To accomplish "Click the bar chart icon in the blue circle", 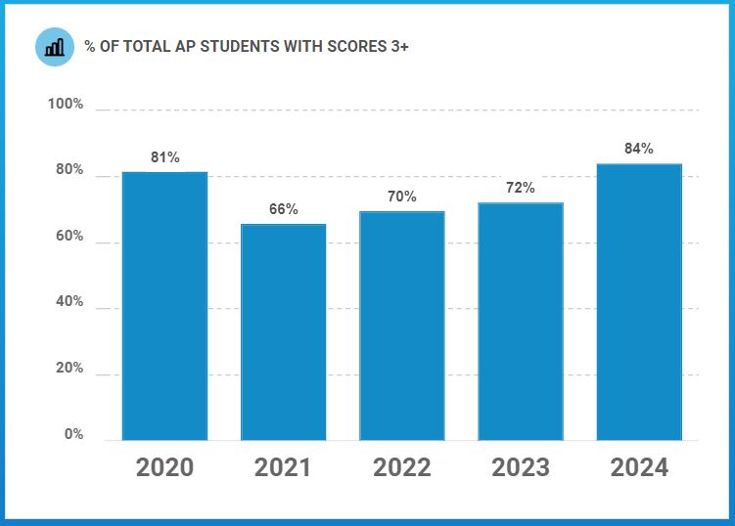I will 55,46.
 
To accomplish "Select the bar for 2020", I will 164,306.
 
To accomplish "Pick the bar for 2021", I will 283,332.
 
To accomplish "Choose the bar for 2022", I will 401,326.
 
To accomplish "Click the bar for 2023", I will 521,322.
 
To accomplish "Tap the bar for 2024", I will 639,302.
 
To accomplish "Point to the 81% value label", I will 164,157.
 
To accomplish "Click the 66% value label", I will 283,209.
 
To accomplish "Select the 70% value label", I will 401,197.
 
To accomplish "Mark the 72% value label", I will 521,188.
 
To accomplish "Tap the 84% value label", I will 639,149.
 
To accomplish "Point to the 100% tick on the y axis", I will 66,105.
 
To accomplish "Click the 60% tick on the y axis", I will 69,238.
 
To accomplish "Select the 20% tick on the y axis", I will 69,370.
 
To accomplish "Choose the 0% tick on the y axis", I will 73,434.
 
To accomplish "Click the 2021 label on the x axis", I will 283,467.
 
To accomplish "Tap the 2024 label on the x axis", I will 639,467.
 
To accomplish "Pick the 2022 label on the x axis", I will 401,467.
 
